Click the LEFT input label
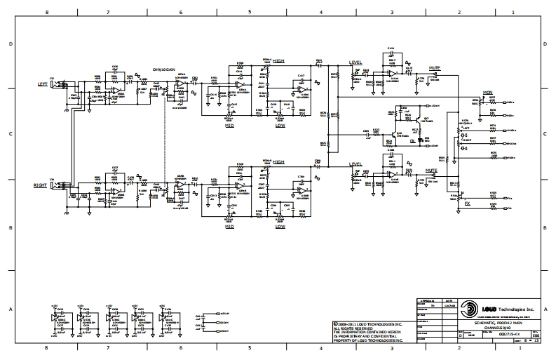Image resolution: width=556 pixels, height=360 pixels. point(42,84)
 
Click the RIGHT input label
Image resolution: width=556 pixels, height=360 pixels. point(41,185)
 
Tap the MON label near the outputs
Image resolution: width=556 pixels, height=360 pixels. point(486,93)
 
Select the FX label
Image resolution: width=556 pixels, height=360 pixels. point(467,203)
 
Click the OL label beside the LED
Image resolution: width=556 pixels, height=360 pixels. point(413,140)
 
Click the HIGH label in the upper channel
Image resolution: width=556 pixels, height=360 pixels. point(280,61)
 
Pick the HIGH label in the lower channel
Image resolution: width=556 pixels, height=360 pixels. point(280,162)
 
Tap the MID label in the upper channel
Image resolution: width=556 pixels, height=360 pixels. point(229,126)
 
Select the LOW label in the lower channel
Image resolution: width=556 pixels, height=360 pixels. point(280,227)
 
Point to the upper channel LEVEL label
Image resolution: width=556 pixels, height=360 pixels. point(355,62)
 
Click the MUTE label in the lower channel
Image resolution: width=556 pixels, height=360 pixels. point(431,171)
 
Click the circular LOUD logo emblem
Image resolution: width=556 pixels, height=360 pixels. point(468,309)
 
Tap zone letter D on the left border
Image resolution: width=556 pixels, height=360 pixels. point(10,44)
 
